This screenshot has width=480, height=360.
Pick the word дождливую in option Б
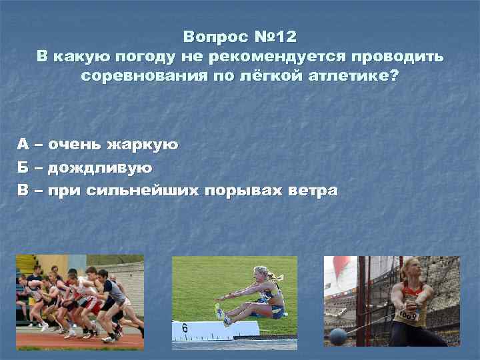[105, 167]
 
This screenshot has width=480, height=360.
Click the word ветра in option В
[313, 190]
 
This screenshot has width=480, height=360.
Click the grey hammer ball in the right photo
[339, 337]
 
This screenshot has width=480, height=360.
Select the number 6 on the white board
[185, 327]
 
